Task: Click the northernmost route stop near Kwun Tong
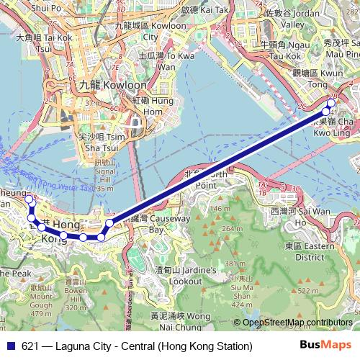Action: (332, 102)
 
